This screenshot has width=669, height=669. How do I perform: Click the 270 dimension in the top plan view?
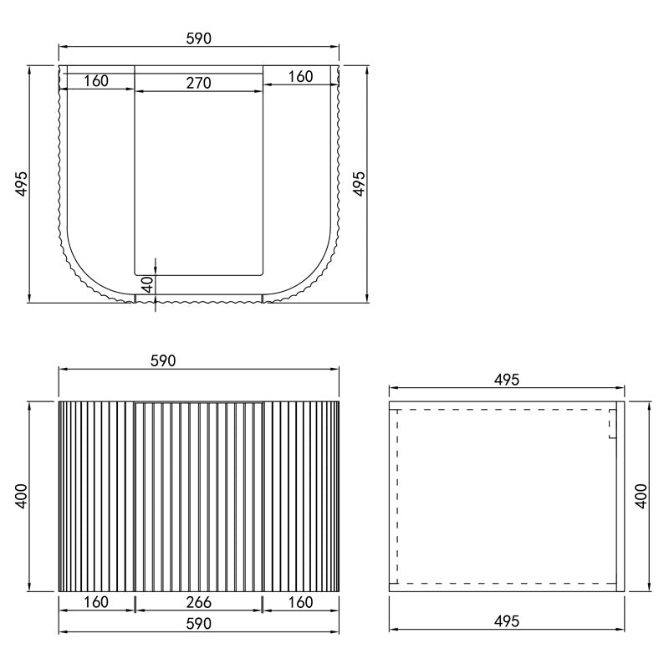pyautogui.click(x=199, y=83)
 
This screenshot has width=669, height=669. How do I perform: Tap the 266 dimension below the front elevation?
pyautogui.click(x=199, y=602)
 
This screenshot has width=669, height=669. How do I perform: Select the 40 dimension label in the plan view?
pyautogui.click(x=147, y=284)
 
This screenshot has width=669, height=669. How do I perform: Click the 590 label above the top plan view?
pyautogui.click(x=199, y=38)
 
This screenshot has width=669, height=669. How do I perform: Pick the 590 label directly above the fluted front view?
pyautogui.click(x=163, y=361)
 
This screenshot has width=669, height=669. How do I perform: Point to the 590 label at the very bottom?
pyautogui.click(x=199, y=624)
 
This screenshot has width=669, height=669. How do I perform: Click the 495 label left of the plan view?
pyautogui.click(x=22, y=184)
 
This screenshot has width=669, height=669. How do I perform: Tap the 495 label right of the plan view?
pyautogui.click(x=360, y=184)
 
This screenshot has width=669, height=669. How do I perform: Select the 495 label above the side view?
pyautogui.click(x=507, y=380)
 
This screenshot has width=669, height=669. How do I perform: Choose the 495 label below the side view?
pyautogui.click(x=507, y=621)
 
